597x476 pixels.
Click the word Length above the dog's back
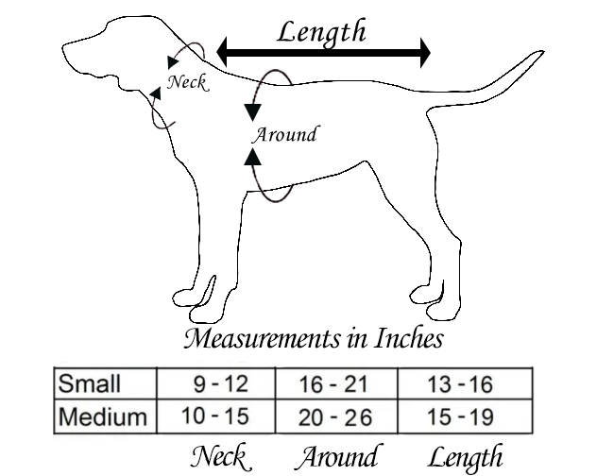click(x=321, y=31)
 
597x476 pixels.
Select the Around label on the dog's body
click(x=283, y=134)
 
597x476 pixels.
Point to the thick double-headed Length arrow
click(x=323, y=53)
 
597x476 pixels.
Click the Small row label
click(x=90, y=384)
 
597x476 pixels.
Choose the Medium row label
click(x=102, y=416)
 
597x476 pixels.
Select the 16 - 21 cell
click(x=336, y=384)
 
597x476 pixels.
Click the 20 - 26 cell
click(x=336, y=416)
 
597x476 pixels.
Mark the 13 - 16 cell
click(x=461, y=384)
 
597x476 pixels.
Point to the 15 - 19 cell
click(x=461, y=416)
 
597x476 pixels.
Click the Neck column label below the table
click(x=219, y=457)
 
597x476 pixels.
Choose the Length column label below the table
click(x=465, y=458)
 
